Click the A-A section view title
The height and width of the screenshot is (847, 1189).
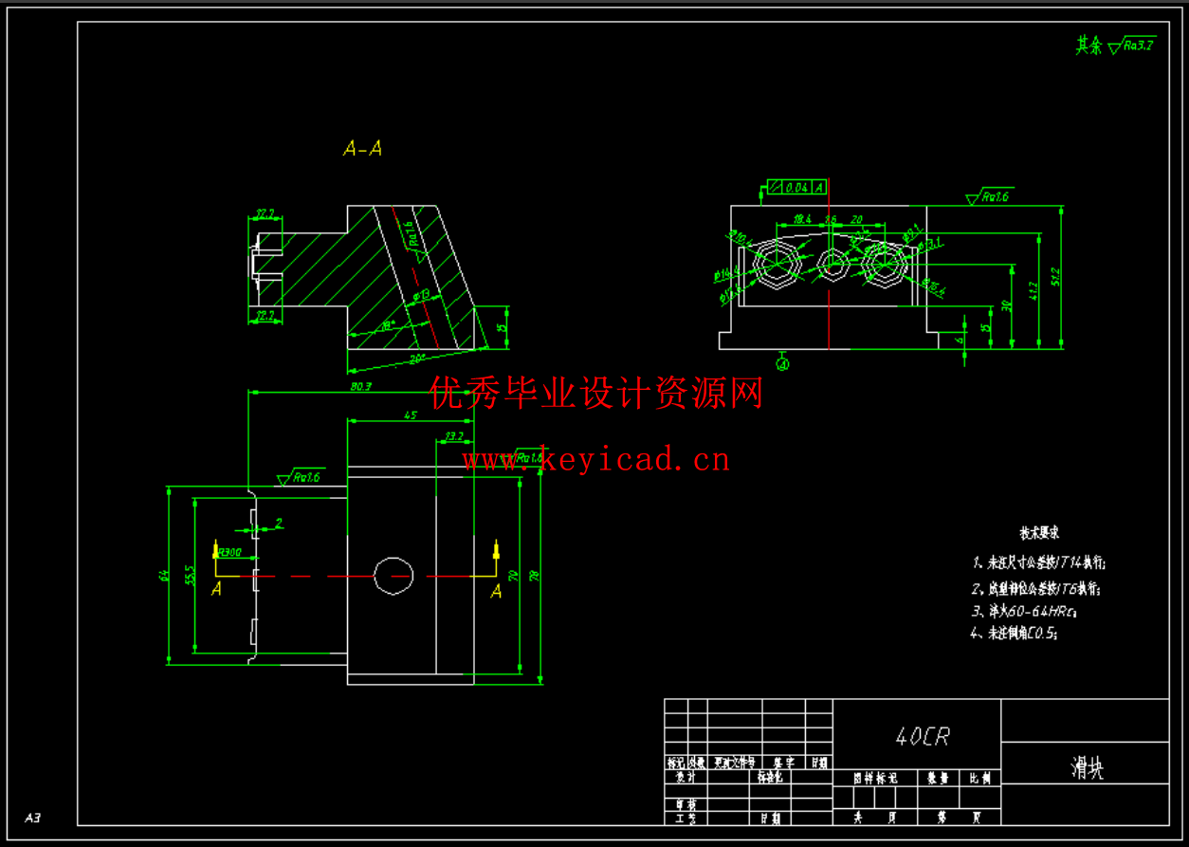[x=362, y=149]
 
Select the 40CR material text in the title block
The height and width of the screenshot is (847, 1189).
[x=922, y=737]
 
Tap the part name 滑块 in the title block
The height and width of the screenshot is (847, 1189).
[x=1087, y=769]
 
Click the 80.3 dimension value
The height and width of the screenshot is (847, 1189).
[x=360, y=387]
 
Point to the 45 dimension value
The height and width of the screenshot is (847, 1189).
[x=411, y=415]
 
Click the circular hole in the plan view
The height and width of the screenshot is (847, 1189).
[x=393, y=576]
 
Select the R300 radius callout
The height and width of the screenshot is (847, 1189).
[x=229, y=552]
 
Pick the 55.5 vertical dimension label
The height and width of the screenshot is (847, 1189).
[x=190, y=575]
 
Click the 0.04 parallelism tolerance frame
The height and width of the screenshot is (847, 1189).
[x=795, y=187]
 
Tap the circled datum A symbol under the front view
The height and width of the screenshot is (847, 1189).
[x=783, y=361]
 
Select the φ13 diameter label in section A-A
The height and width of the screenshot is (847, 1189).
[x=423, y=297]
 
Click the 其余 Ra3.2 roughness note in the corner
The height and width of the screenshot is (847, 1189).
[x=1114, y=45]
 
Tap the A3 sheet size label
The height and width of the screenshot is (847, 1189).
[x=33, y=817]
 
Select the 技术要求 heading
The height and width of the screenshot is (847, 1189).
[x=1039, y=533]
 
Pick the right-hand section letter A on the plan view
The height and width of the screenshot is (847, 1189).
[x=496, y=591]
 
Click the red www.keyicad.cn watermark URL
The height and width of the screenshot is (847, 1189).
[x=595, y=461]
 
